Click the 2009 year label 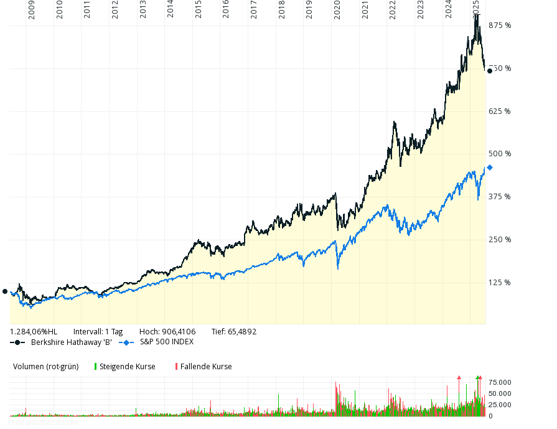click(x=32, y=11)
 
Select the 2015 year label click(x=198, y=11)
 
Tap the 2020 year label click(x=337, y=11)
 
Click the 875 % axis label click(x=500, y=26)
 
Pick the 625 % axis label click(x=500, y=111)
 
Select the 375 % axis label click(x=500, y=197)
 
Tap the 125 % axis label click(x=500, y=283)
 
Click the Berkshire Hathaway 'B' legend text click(x=71, y=342)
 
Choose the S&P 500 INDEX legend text click(x=166, y=342)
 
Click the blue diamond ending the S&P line click(x=490, y=167)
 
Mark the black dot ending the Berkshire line click(x=490, y=71)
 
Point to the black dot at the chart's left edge click(x=5, y=291)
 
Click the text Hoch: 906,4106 click(x=167, y=332)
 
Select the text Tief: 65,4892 click(x=234, y=332)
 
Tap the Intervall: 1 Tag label click(x=98, y=332)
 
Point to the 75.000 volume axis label click(x=500, y=382)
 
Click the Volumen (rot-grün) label click(x=46, y=367)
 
